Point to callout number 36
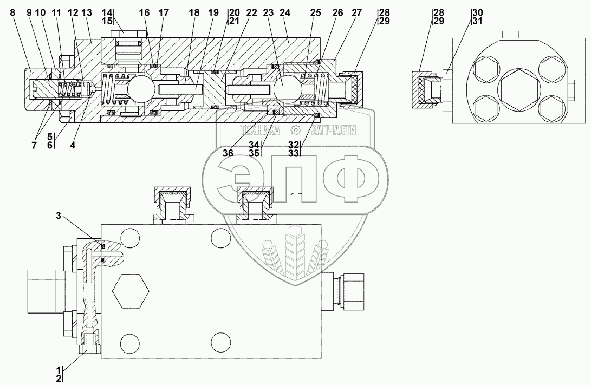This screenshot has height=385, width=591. coord(228,153)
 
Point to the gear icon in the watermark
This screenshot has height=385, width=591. coord(295,130)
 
